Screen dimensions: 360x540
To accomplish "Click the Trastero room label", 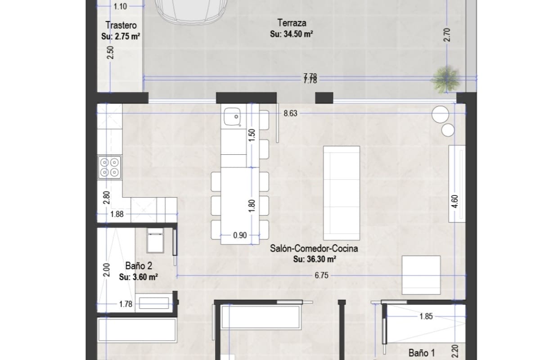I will pos(121,25).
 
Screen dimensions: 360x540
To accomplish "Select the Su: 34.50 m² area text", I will pos(291,34).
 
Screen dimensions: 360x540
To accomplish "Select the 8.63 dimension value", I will pos(290,114).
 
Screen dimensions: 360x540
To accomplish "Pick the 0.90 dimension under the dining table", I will pos(239,234).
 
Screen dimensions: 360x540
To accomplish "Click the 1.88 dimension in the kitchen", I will pos(117,215).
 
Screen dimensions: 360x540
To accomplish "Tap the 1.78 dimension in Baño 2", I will pos(126,305).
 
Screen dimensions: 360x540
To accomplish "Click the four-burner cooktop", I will pos(109,166).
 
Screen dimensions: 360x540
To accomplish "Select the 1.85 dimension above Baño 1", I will pos(425,317).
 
